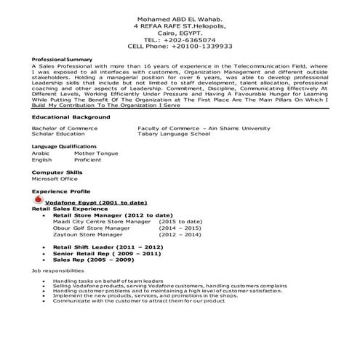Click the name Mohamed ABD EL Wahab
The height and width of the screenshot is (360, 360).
click(x=179, y=17)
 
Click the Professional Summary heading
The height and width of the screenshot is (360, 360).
click(x=62, y=59)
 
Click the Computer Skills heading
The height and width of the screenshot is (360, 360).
click(x=57, y=172)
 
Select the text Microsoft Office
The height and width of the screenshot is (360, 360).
click(x=55, y=179)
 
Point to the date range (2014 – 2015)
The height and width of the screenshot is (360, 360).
click(x=180, y=228)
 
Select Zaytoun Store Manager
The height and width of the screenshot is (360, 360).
click(x=83, y=235)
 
